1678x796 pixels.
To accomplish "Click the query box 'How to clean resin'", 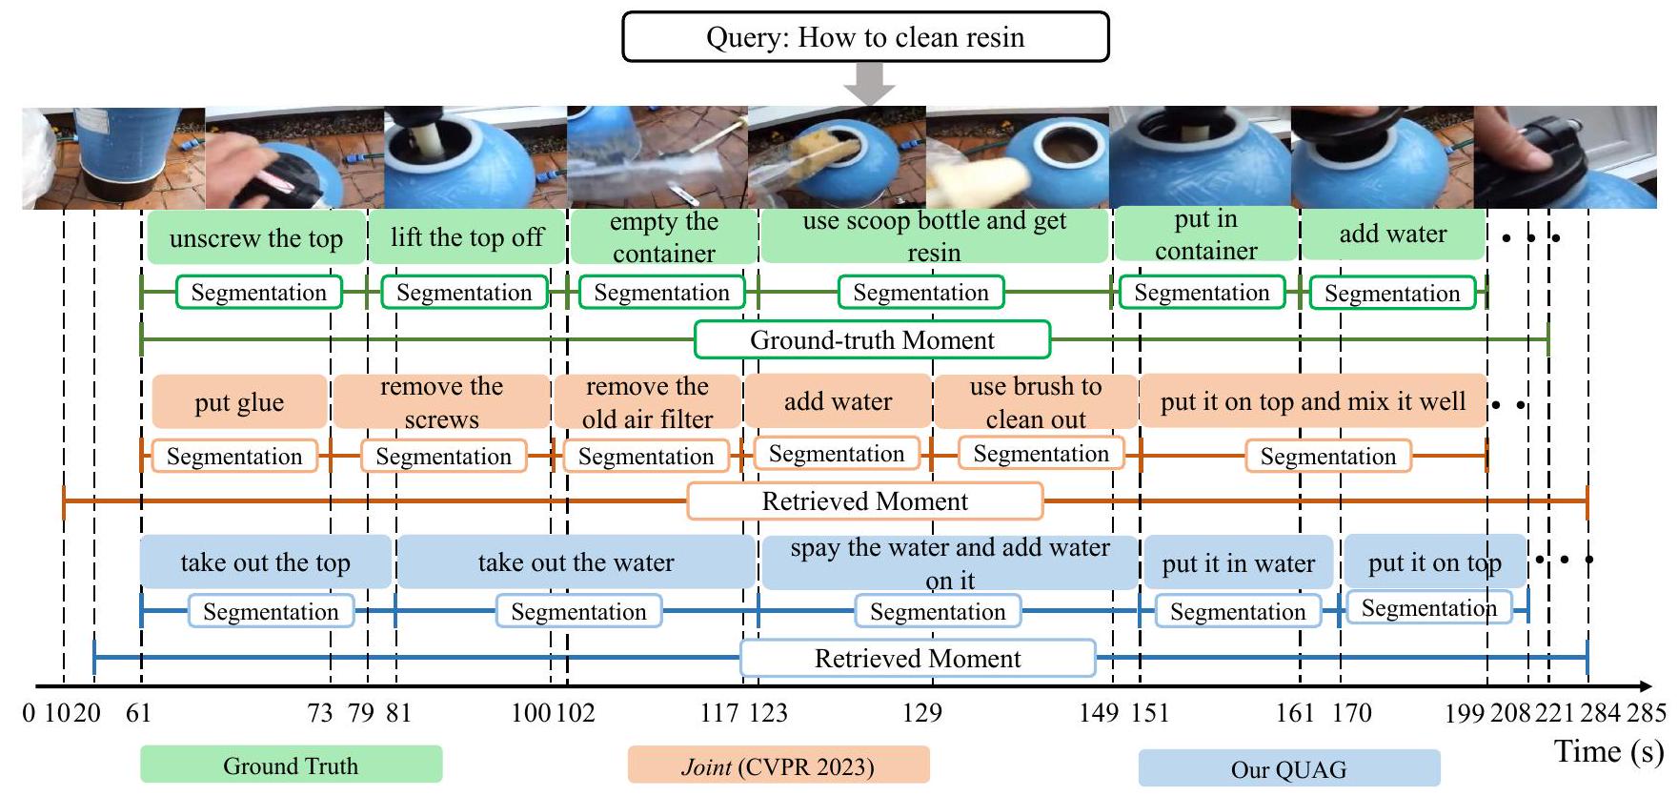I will pyautogui.click(x=865, y=37).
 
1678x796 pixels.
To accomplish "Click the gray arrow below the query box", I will pyautogui.click(x=869, y=84).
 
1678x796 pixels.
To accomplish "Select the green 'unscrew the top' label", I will pyautogui.click(x=256, y=238).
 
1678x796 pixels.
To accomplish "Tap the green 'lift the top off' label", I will pyautogui.click(x=467, y=237).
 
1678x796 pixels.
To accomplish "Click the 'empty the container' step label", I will pyautogui.click(x=664, y=237).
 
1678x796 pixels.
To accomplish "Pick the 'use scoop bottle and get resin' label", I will pyautogui.click(x=935, y=236).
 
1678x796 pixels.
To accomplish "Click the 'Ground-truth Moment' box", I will pyautogui.click(x=872, y=340).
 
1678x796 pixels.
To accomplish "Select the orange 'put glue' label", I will pyautogui.click(x=239, y=402).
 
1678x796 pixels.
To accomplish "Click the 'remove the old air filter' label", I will pyautogui.click(x=647, y=402).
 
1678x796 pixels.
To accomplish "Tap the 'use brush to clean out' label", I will pyautogui.click(x=1036, y=402).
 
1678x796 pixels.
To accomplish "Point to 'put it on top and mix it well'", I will pyautogui.click(x=1313, y=401).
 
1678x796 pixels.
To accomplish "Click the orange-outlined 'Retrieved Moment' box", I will pyautogui.click(x=865, y=501).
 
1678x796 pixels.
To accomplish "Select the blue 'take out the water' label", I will pyautogui.click(x=576, y=562).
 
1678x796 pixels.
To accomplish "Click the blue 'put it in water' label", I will pyautogui.click(x=1238, y=563).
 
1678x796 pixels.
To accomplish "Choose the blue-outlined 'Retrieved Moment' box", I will pyautogui.click(x=918, y=659).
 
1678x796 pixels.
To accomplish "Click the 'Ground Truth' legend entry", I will pyautogui.click(x=291, y=765).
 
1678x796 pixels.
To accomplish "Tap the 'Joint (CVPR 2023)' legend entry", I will pyautogui.click(x=778, y=766).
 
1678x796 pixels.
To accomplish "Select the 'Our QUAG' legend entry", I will pyautogui.click(x=1288, y=769).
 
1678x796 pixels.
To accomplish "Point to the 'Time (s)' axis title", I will pyautogui.click(x=1609, y=751).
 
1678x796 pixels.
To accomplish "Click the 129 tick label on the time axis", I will pyautogui.click(x=922, y=713).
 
